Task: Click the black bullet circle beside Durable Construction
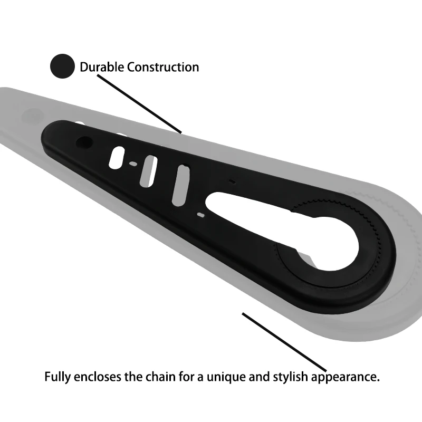click(x=62, y=66)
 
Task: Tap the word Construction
click(x=163, y=67)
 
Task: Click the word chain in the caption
click(x=151, y=378)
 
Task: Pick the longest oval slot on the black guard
click(x=181, y=185)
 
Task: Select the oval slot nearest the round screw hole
click(x=117, y=157)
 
